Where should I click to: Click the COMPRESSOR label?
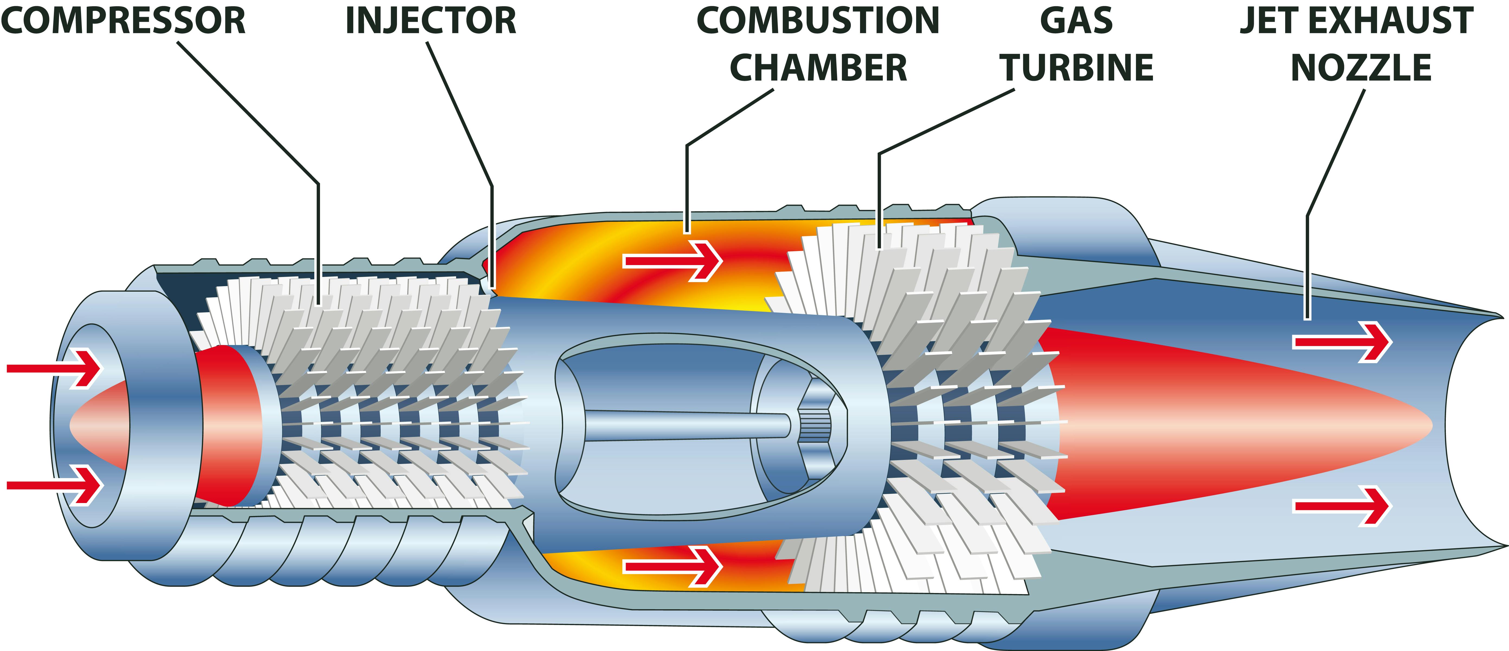coord(123,21)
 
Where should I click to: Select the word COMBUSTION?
coord(818,21)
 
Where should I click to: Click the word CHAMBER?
coord(818,68)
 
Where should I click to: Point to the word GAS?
coord(1076,21)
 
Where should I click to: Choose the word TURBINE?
coord(1076,68)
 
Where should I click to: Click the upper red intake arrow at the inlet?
coord(56,368)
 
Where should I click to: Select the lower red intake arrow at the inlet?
coord(56,485)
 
